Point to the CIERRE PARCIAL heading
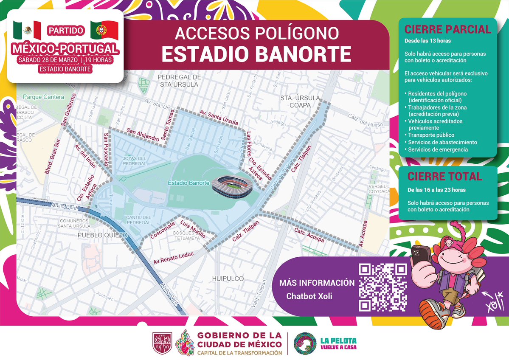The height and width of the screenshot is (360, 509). [x=447, y=29]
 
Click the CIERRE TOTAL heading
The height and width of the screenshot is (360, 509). [x=444, y=176]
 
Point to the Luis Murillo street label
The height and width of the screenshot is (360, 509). [x=193, y=229]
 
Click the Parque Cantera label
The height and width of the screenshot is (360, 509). [x=43, y=97]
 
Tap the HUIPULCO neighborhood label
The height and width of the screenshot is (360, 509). [x=228, y=278]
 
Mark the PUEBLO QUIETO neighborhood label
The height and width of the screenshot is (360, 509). [x=102, y=234]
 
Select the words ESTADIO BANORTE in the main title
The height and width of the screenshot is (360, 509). [x=256, y=53]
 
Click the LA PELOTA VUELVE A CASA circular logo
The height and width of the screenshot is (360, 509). [x=305, y=343]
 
